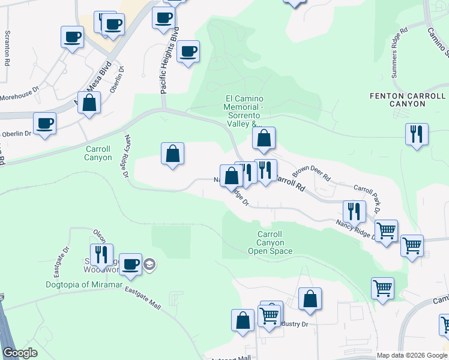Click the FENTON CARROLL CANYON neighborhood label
[x=408, y=100]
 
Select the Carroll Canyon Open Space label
[x=270, y=242]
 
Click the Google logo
[x=19, y=353]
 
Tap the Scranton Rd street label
[x=7, y=48]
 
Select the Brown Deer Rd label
[x=312, y=174]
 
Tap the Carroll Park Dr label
[x=367, y=199]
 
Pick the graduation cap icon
[x=149, y=264]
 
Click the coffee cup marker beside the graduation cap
[x=130, y=264]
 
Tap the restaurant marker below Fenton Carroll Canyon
[x=417, y=134]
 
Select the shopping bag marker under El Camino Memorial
[x=264, y=138]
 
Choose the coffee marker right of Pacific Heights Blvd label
[x=188, y=51]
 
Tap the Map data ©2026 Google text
[x=411, y=355]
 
